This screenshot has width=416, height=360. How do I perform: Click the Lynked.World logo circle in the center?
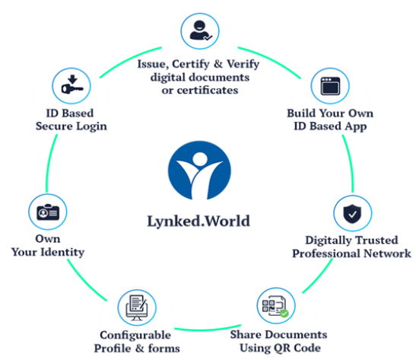pos(199,170)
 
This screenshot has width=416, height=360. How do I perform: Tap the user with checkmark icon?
pos(201,30)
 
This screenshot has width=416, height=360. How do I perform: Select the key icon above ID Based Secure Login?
pos(72,84)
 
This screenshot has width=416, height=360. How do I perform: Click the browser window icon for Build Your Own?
pos(330,86)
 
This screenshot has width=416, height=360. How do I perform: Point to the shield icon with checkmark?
pos(352,214)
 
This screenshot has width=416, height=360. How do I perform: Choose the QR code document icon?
pos(275,306)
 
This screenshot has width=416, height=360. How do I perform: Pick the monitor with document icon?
pos(137,307)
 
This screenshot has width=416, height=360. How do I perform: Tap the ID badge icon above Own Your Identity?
pos(48,212)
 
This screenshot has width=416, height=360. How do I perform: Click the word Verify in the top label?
pos(243,64)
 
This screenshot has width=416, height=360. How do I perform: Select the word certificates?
pos(208,91)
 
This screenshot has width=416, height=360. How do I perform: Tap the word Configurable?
pos(135,335)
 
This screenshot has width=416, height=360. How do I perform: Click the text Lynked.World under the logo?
pos(198,221)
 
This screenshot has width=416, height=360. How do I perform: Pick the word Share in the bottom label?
pos(246,335)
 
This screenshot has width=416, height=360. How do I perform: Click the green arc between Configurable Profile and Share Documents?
pos(208,330)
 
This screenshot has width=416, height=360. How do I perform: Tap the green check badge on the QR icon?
pos(284,314)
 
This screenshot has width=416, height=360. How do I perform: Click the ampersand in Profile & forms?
pos(139,349)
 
